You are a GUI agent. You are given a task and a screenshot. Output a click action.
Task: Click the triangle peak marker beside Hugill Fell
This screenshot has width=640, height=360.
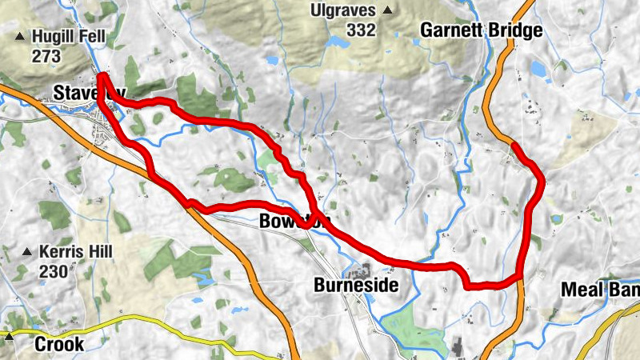click(x=19, y=37)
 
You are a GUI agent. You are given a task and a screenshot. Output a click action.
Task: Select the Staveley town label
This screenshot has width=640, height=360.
click(x=89, y=93)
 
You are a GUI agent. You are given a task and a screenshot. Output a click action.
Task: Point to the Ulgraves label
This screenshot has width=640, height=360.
click(x=347, y=10)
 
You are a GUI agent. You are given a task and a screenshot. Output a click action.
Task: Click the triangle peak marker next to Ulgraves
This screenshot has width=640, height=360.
click(x=388, y=10)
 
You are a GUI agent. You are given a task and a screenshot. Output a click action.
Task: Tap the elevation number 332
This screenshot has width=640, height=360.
click(x=362, y=30)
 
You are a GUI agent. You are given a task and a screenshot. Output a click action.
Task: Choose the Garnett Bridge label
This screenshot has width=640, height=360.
click(x=482, y=31)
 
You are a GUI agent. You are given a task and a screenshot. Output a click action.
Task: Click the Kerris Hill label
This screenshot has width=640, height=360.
click(x=76, y=251)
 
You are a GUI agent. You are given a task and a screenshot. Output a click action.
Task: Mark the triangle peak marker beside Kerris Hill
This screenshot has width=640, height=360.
click(x=28, y=252)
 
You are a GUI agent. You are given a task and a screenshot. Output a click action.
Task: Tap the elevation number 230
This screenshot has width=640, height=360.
click(x=53, y=271)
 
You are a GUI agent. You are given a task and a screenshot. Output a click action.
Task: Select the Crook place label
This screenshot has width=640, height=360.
click(x=58, y=344)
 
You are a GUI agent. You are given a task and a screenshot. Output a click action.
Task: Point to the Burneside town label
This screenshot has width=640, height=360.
click(x=355, y=285)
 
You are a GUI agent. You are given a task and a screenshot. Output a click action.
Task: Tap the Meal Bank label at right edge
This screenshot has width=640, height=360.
click(x=600, y=289)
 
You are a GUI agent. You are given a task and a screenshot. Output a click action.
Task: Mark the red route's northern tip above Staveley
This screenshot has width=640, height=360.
click(x=102, y=76)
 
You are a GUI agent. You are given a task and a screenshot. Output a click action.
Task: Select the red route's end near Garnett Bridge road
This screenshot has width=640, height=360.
click(x=512, y=145)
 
